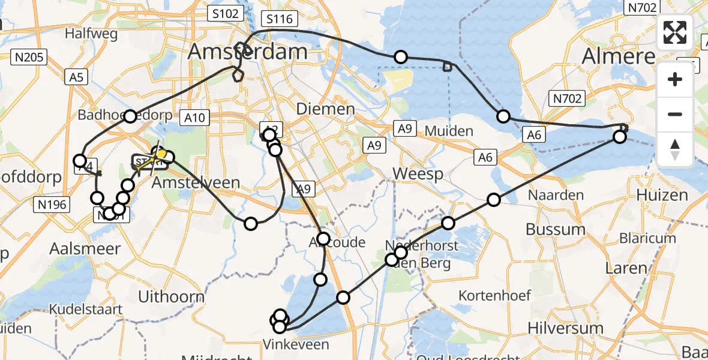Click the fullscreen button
click(x=675, y=32)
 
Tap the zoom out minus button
click(x=675, y=114)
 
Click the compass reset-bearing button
click(x=675, y=149)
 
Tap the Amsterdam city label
click(x=248, y=52)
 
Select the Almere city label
click(x=619, y=57)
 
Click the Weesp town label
click(x=418, y=174)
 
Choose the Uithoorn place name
click(x=171, y=296)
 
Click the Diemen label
click(x=326, y=109)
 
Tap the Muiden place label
click(x=449, y=131)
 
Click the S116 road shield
click(x=280, y=19)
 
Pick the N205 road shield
click(x=29, y=57)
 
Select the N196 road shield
click(x=52, y=205)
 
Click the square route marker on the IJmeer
click(x=446, y=67)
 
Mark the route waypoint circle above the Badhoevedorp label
click(x=130, y=116)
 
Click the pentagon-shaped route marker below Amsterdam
click(x=238, y=76)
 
